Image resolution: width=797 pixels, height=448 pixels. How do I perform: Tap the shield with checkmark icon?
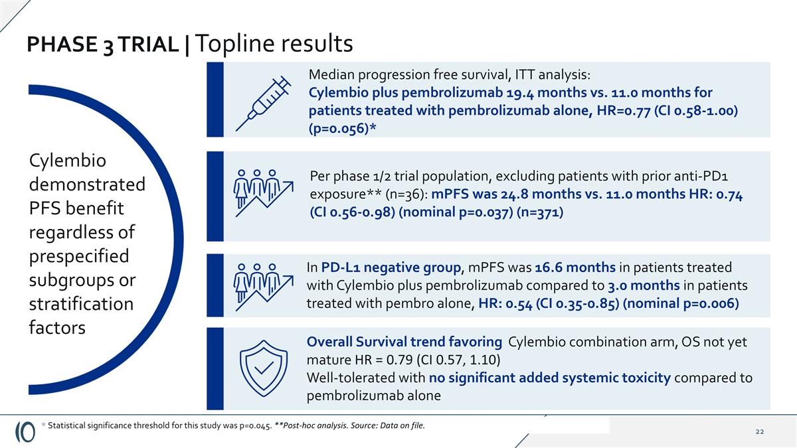click(x=264, y=369)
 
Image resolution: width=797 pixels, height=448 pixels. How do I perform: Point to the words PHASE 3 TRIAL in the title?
click(x=103, y=44)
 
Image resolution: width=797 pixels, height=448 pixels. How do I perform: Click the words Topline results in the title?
click(x=275, y=44)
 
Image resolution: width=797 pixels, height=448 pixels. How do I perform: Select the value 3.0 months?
click(x=644, y=285)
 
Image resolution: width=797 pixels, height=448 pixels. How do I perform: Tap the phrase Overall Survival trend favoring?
click(x=404, y=342)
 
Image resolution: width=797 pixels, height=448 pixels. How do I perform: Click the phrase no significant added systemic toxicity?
click(x=549, y=378)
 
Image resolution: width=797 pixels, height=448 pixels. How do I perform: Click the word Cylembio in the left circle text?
click(x=68, y=161)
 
